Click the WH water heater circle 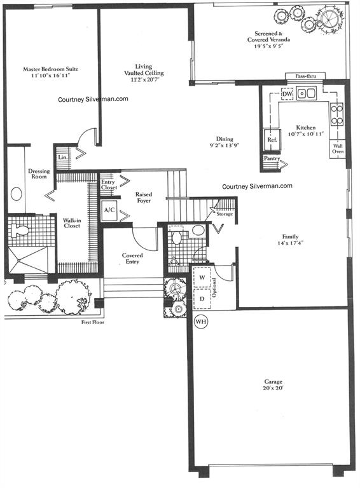pos(200,322)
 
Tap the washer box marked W pos(202,277)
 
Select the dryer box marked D pos(202,299)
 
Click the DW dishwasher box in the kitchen pos(287,93)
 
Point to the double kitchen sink pos(307,93)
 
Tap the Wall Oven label pos(338,149)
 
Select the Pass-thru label pos(305,76)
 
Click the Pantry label pos(272,158)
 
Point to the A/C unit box pos(109,210)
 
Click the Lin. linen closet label pos(62,157)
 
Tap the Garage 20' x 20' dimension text pos(273,388)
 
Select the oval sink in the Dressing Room pos(16,194)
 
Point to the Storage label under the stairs pos(225,214)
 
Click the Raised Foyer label pos(144,198)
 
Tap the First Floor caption pos(93,322)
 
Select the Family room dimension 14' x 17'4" pos(291,243)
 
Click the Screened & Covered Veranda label pos(269,37)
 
